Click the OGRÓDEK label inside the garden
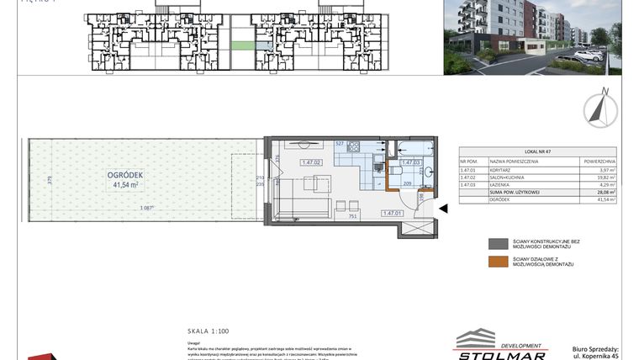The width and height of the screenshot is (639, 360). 125,174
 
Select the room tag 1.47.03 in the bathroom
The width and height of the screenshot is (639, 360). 410,163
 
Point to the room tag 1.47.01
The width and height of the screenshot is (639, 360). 393,214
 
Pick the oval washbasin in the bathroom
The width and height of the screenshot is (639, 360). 429,172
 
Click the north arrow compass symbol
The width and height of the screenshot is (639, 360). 600,109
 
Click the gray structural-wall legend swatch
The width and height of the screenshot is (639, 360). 498,244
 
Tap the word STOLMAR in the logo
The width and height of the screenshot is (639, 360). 499,353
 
